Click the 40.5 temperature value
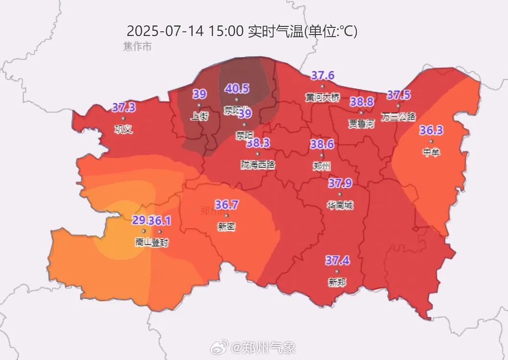pos(237,89)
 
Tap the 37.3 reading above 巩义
pos(124,108)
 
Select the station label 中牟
pos(431,152)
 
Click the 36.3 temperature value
pos(431,130)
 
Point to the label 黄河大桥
pos(323,97)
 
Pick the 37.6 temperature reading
pos(323,75)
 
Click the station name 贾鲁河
pos(362,123)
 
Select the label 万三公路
pos(398,117)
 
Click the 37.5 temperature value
pos(399,95)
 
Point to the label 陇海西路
pos(258,165)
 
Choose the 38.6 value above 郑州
pos(322,144)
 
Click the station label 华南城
pos(339,205)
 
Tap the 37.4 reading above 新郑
pos(337,261)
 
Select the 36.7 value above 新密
pos(227,205)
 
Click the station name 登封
pos(160,242)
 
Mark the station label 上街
pos(199,116)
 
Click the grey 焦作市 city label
pos(137,47)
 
